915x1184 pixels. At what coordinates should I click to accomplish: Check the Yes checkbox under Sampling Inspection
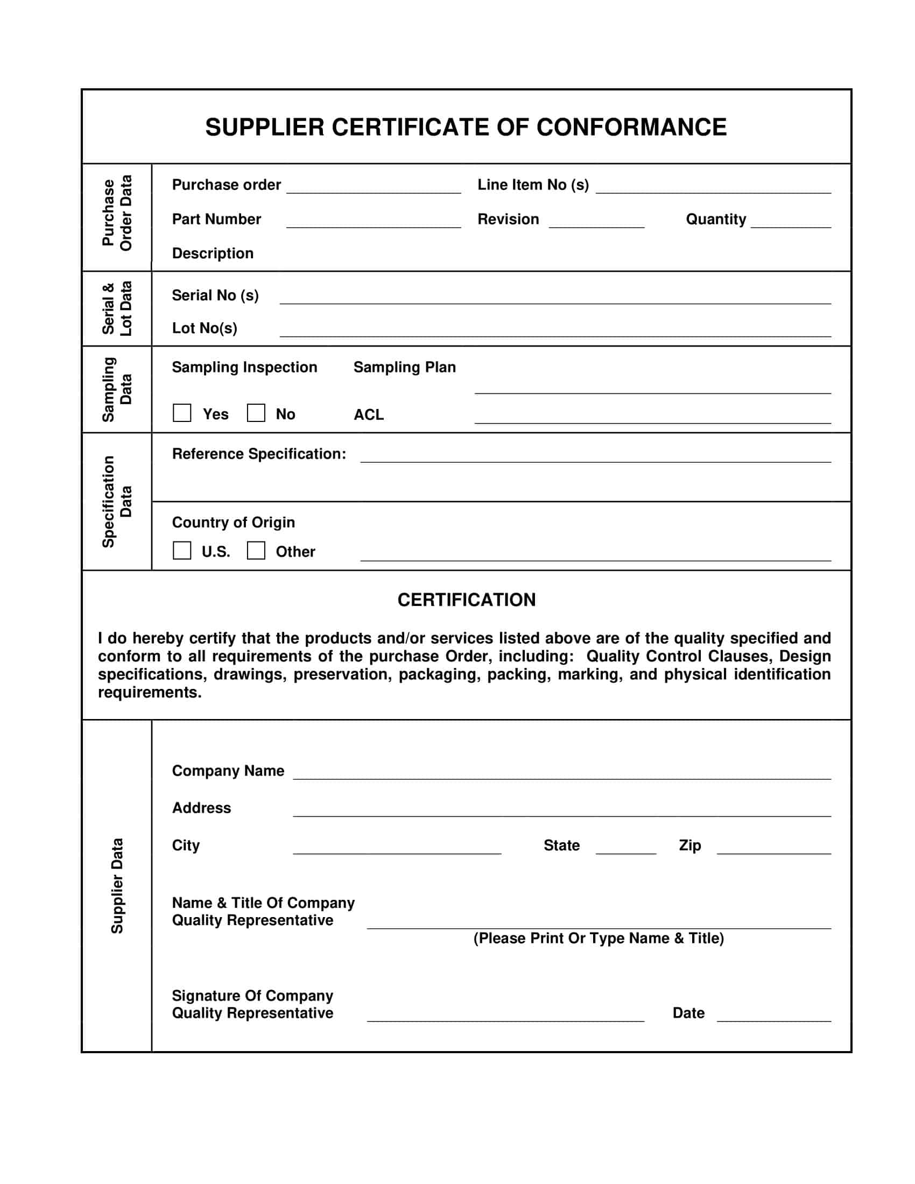click(181, 413)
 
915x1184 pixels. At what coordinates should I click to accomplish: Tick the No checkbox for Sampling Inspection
click(256, 413)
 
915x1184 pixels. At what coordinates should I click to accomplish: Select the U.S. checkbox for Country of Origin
click(181, 550)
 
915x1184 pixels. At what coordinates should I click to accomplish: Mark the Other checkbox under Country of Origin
click(256, 550)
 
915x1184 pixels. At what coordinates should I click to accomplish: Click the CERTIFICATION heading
click(466, 600)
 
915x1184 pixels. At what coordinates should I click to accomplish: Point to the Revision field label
click(508, 219)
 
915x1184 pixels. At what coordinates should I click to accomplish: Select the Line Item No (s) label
click(533, 185)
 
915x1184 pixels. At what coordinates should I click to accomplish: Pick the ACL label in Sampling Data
click(369, 415)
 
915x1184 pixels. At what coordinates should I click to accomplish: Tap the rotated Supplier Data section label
click(117, 886)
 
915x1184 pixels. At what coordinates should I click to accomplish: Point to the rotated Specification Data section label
click(117, 502)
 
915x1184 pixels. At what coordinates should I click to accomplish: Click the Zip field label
click(689, 845)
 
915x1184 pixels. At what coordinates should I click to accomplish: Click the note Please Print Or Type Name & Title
click(599, 939)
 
